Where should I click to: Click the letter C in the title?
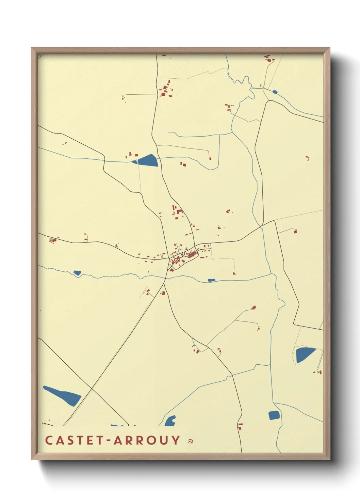(x=48, y=440)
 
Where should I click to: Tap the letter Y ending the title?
(x=176, y=440)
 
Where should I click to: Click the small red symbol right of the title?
(x=191, y=441)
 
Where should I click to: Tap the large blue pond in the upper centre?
(x=147, y=160)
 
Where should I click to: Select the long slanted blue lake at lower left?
(x=63, y=396)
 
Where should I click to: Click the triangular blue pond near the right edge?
(x=304, y=355)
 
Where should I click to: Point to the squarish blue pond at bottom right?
(x=274, y=415)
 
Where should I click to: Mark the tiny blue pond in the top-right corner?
(x=275, y=92)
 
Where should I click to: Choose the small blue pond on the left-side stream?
(x=77, y=273)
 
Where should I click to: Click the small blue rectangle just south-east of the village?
(x=212, y=280)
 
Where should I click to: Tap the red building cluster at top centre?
(x=166, y=90)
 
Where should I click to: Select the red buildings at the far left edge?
(x=53, y=240)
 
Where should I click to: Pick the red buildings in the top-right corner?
(x=269, y=59)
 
